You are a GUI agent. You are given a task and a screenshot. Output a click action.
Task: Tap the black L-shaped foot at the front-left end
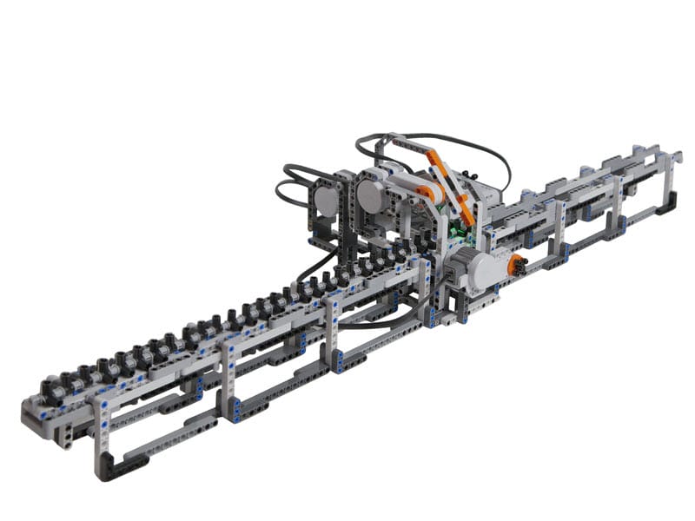122,468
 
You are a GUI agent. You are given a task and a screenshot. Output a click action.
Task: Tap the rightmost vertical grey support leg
668,178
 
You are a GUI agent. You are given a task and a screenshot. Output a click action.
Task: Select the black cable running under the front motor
382,320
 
